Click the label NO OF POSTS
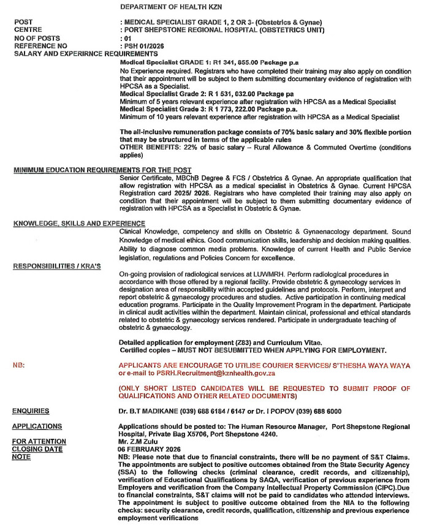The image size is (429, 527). coord(37,38)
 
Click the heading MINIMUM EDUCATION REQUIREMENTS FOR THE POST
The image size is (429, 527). coord(102,170)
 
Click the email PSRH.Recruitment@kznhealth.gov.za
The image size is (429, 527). coord(211,373)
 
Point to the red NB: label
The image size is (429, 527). coord(19,365)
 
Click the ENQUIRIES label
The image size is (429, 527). coord(31,411)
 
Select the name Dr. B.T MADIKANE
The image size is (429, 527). coord(150,411)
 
